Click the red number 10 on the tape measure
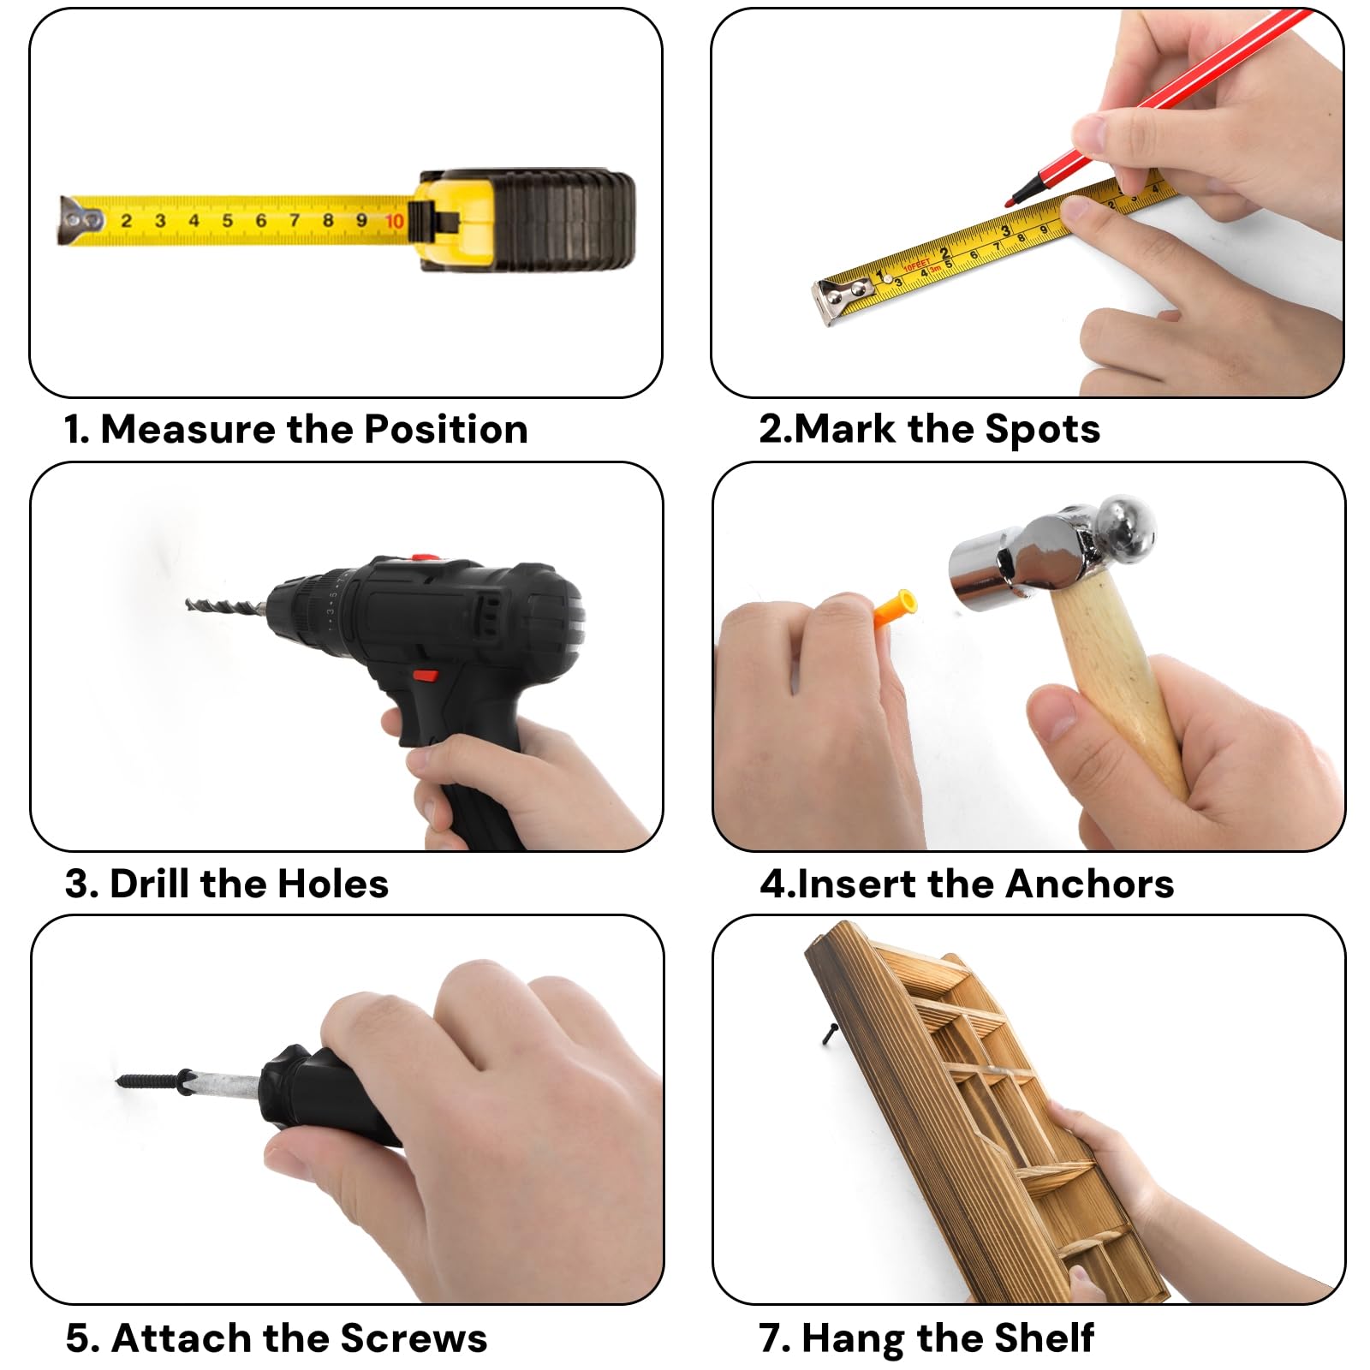click(394, 221)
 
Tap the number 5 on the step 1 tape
click(227, 221)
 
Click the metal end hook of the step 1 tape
click(78, 221)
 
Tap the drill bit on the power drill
click(224, 605)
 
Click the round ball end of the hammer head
click(1125, 523)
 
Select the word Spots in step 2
click(1042, 429)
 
